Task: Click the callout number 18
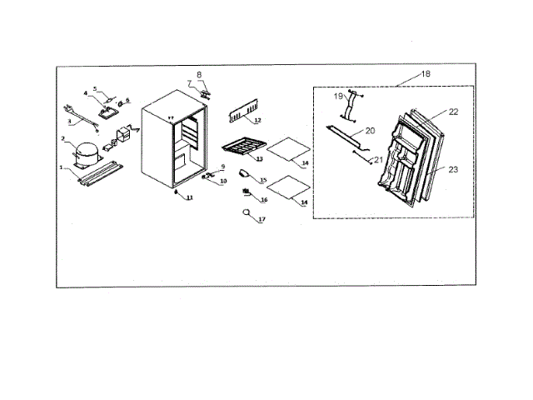426,74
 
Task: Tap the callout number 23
452,169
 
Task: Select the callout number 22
454,112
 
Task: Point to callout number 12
258,122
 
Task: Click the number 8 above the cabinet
200,75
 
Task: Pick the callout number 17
262,219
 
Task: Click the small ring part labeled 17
247,213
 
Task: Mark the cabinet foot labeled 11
177,192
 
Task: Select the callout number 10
223,181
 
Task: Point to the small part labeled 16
247,194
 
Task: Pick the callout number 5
95,87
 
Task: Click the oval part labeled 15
244,174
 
